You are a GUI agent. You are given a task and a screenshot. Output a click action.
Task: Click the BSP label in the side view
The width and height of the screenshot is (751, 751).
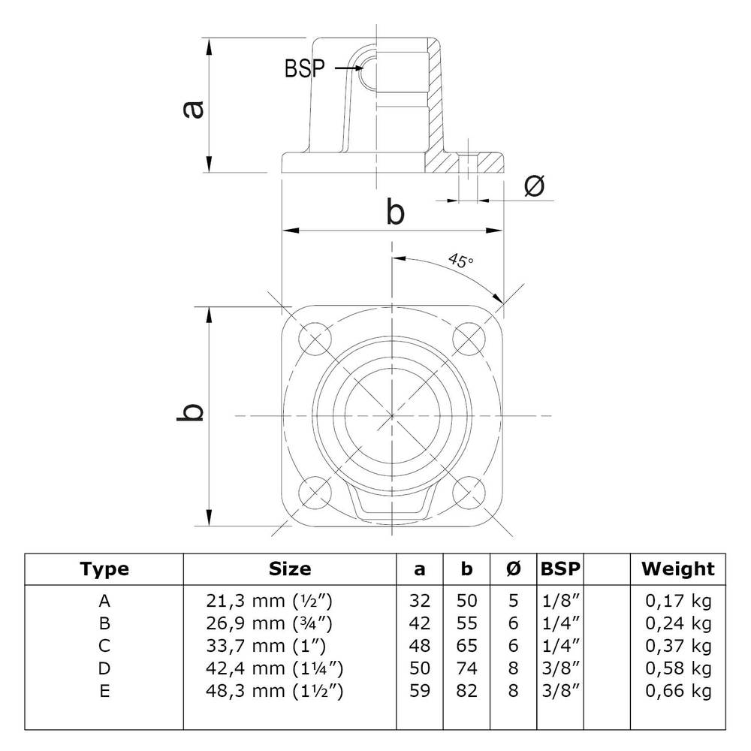click(304, 69)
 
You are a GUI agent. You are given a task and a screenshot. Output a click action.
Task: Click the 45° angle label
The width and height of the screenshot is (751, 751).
click(461, 261)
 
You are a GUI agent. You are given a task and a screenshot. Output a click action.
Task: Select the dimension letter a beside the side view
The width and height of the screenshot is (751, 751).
click(192, 110)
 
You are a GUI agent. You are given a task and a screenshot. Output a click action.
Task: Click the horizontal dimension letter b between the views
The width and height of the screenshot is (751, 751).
click(395, 213)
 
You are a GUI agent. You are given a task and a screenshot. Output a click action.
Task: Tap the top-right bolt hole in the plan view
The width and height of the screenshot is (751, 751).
click(469, 338)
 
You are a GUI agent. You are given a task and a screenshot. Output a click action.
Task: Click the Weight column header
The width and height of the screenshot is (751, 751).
click(677, 569)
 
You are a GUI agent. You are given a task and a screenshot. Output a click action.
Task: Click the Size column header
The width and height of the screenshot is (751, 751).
click(289, 569)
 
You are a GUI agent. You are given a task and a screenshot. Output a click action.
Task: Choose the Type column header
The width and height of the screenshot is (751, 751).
click(104, 569)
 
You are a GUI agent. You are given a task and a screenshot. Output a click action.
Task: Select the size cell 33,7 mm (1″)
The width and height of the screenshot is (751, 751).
click(268, 646)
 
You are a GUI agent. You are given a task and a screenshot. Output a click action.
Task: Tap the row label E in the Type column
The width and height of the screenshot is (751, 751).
click(104, 691)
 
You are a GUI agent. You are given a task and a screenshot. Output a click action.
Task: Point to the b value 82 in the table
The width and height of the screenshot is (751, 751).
click(467, 691)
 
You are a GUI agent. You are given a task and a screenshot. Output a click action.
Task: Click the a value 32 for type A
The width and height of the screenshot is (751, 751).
click(420, 601)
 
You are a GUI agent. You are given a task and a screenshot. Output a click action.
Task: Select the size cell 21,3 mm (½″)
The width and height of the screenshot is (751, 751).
click(268, 601)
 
